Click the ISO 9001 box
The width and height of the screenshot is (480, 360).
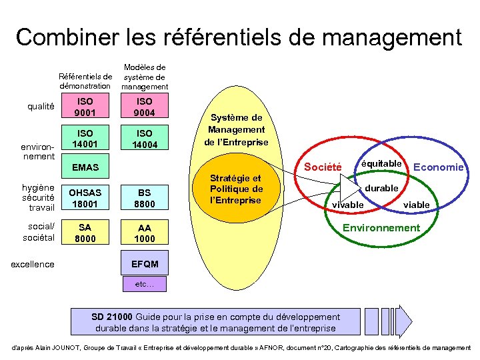pos(85,107)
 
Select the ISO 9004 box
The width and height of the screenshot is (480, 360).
pos(145,107)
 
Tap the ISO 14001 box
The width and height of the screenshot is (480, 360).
pos(85,137)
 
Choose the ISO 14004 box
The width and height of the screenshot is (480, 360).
pos(145,137)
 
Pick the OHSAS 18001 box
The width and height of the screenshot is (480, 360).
pos(85,197)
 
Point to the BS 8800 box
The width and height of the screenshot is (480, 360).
pos(145,197)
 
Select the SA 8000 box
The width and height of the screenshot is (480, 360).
pos(85,233)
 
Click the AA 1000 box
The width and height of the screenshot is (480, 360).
pos(145,233)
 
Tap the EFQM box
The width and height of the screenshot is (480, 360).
pos(145,264)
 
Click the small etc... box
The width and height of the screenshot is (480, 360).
pos(145,284)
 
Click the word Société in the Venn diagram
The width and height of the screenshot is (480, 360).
pos(323,167)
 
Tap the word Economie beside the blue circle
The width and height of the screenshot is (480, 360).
pos(438,167)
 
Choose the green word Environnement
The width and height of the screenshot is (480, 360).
pos(381,228)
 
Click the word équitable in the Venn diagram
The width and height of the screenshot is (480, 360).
pos(381,163)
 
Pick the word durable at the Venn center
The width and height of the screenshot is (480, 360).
pos(381,188)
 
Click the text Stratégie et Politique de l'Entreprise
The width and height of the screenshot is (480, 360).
pos(237,189)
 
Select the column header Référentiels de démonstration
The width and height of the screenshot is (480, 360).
pos(85,81)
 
